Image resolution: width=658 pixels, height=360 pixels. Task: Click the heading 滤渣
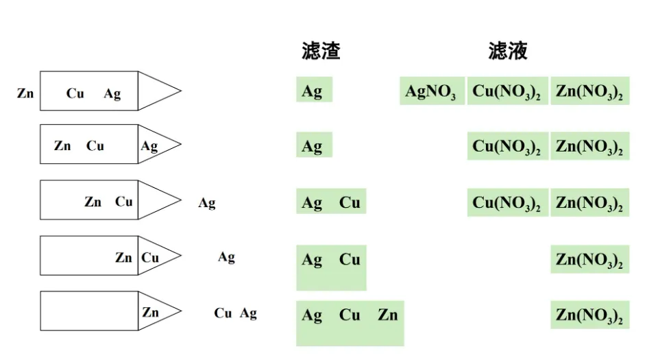321,51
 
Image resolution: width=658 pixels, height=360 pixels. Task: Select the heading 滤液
508,51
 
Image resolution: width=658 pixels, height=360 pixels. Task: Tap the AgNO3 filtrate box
431,91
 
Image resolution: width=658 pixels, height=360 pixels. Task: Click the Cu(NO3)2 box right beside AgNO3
507,91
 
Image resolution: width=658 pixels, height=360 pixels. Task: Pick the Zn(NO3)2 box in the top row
589,91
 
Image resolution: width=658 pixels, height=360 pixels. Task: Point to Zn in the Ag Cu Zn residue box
387,315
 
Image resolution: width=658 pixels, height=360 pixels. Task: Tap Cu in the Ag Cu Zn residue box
350,315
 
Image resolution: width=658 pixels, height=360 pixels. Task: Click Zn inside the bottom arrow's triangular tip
151,312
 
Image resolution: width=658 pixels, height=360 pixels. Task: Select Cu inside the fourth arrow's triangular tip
150,258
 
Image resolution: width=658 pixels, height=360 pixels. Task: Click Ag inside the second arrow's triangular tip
149,146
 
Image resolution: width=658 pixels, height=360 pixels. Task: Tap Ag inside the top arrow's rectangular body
112,94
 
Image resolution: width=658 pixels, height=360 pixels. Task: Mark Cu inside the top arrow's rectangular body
75,94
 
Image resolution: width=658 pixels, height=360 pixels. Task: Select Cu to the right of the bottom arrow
223,313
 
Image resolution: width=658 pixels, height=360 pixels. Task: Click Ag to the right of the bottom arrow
248,313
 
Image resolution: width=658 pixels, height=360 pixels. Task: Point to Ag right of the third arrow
206,203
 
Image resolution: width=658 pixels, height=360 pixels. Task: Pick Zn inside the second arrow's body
62,146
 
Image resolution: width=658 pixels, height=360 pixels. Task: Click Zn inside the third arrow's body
93,202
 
